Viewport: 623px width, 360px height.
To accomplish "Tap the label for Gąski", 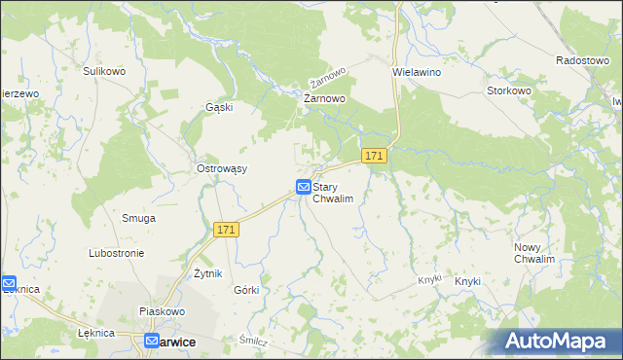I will click(x=219, y=107).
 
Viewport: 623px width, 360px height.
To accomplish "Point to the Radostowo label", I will click(x=582, y=59).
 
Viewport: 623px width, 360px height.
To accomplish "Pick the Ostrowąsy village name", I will click(x=222, y=168).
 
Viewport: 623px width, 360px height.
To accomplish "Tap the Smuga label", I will click(x=138, y=218).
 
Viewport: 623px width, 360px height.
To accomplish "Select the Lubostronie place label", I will click(x=116, y=253).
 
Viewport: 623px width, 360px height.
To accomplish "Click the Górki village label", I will click(x=246, y=291).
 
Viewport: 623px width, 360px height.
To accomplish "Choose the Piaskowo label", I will click(x=162, y=311).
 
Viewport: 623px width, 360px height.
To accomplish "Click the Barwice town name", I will click(x=179, y=342).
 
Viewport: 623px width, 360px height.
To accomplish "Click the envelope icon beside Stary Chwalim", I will click(x=304, y=186).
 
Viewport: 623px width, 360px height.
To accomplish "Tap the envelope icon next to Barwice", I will click(x=152, y=342).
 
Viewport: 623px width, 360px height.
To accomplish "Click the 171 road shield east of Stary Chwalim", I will click(x=375, y=156).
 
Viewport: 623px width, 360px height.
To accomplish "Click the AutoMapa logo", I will click(x=559, y=341).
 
